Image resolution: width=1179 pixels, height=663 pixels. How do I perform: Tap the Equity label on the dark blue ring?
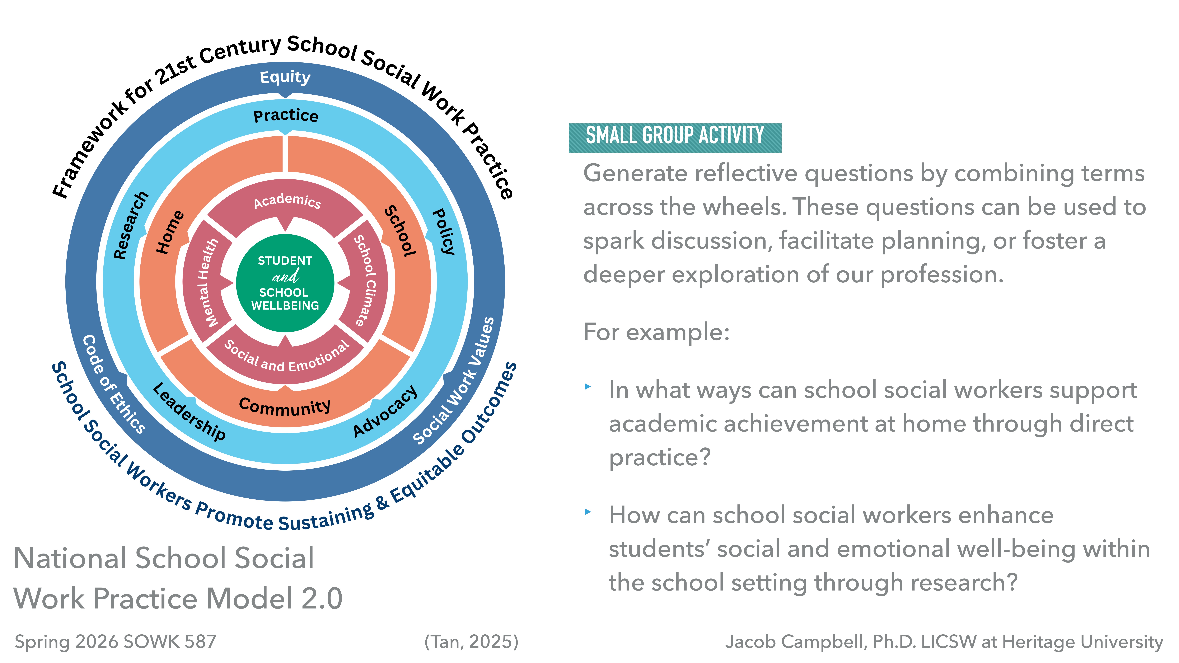[285, 77]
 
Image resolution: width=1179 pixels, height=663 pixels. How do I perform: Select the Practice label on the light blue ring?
[286, 115]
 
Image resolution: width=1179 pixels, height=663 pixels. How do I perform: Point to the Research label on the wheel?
[131, 225]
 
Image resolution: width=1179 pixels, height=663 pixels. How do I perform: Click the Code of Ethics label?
[113, 384]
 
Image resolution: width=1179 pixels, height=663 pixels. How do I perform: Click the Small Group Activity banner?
[675, 136]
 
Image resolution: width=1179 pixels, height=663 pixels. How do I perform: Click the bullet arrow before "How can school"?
[588, 512]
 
